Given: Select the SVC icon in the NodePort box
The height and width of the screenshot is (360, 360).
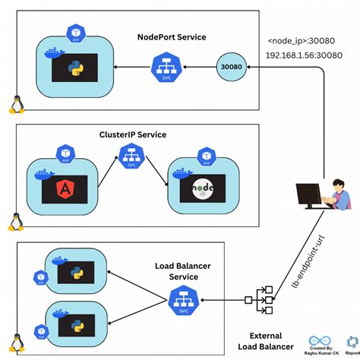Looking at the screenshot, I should click(166, 67).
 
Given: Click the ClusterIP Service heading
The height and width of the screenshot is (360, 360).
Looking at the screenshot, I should click(133, 135).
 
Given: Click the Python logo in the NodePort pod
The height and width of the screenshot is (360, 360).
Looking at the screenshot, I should click(74, 68).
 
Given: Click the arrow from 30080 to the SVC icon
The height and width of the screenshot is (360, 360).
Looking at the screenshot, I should click(199, 68).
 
